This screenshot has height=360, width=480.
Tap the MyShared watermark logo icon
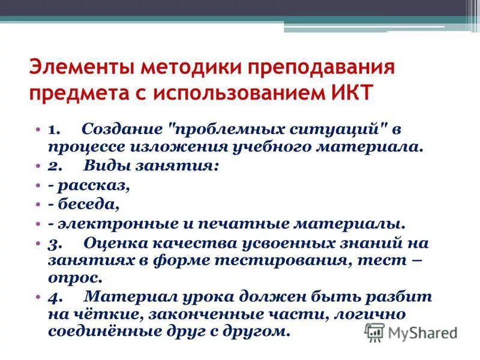tap(375, 332)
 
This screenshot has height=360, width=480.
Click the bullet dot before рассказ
tap(38, 185)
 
